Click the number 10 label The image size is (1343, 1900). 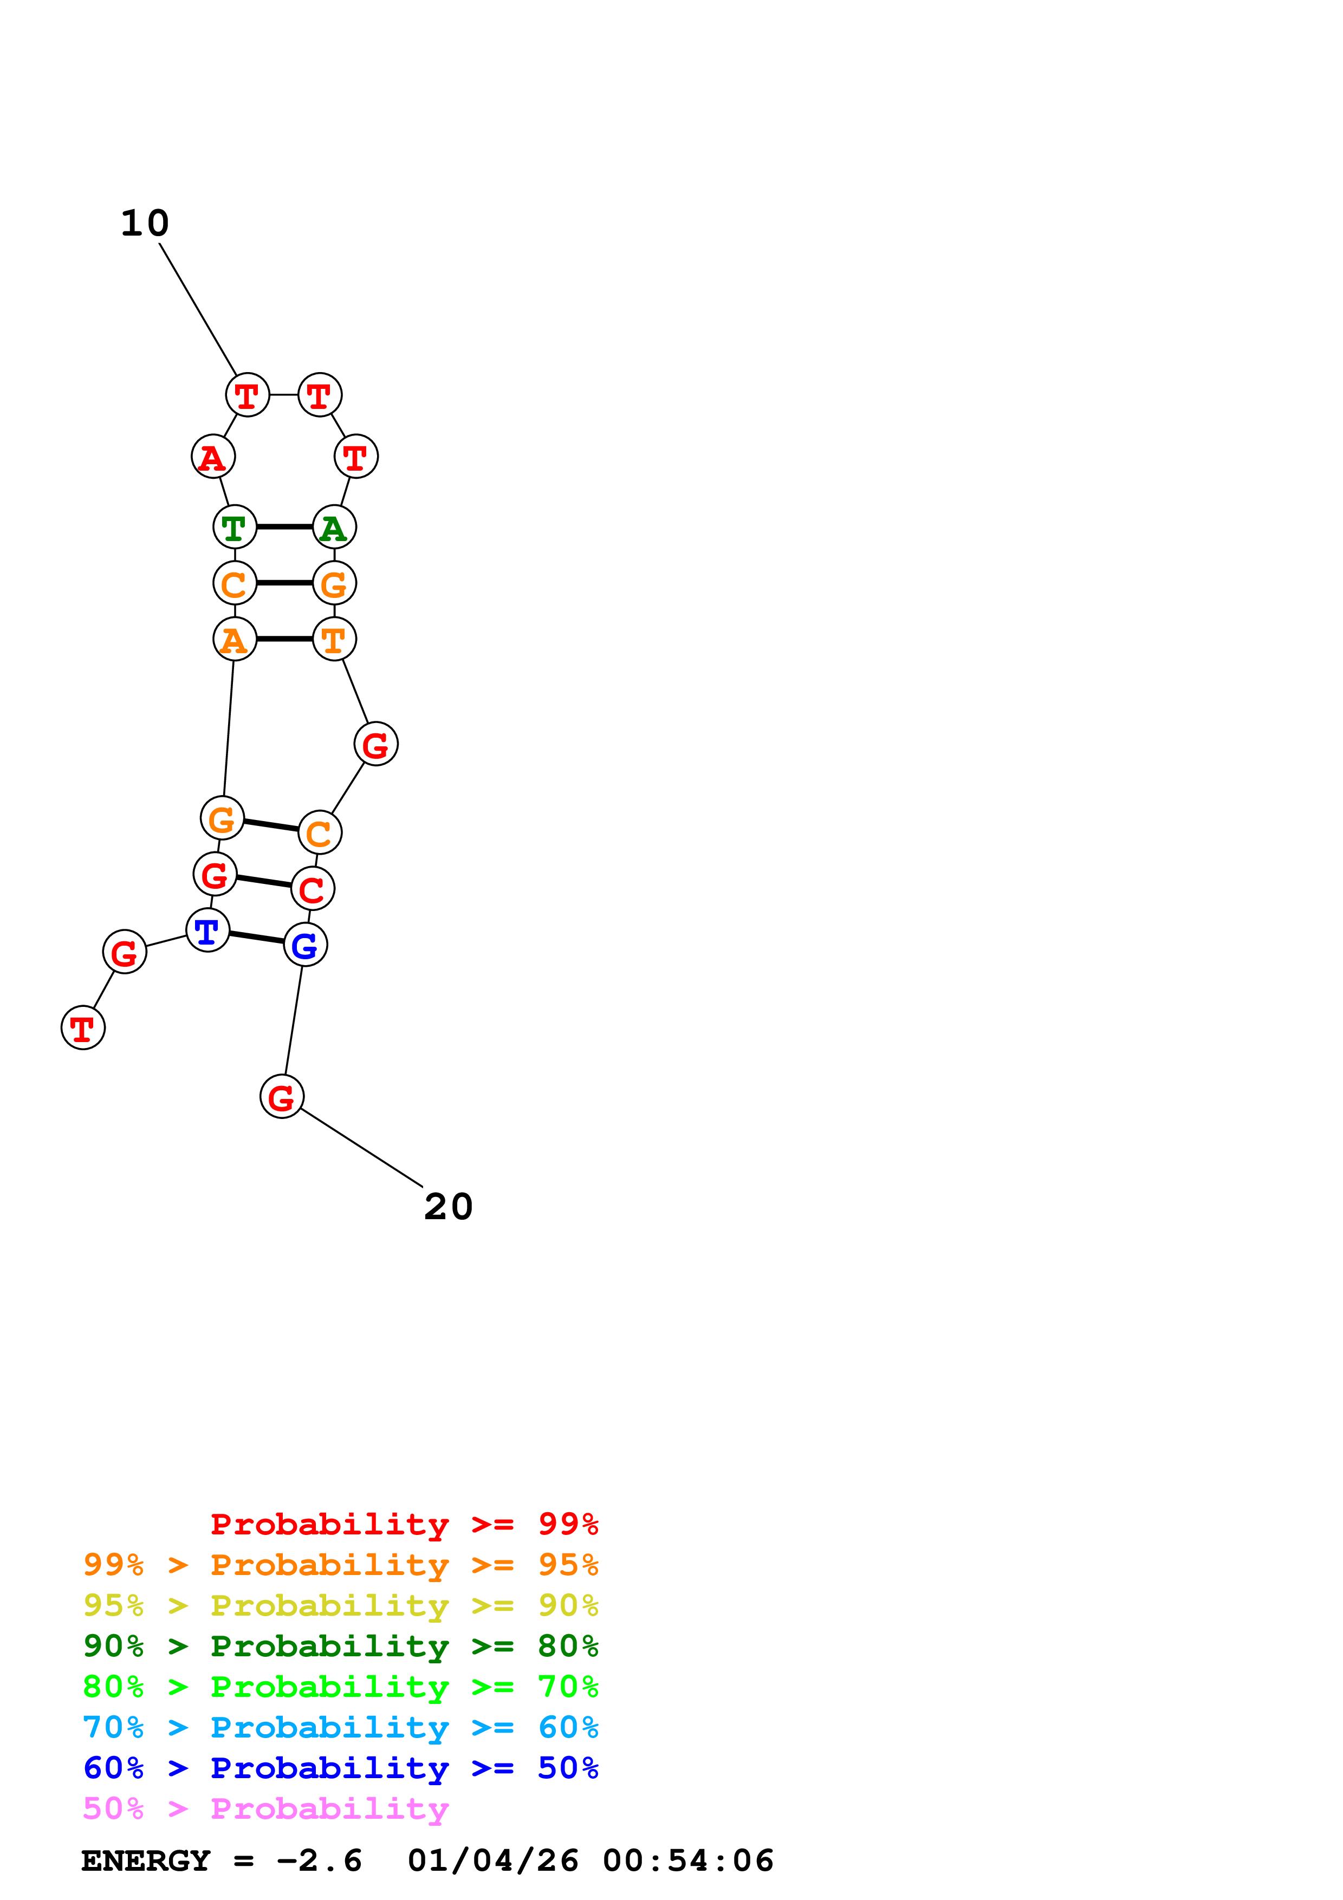click(145, 224)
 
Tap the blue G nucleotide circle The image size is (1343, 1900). click(306, 945)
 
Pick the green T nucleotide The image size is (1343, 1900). click(235, 527)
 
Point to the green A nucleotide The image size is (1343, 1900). click(334, 527)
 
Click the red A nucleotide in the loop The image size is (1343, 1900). click(213, 457)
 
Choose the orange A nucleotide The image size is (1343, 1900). click(235, 639)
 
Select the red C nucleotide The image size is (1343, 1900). click(313, 889)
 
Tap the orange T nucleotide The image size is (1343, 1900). click(334, 639)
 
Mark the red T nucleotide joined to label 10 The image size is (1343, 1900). click(248, 395)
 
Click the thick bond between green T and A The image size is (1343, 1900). click(284, 527)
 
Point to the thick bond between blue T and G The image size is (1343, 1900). click(256, 938)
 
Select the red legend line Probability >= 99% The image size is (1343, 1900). click(404, 1524)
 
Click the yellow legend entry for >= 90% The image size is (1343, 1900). click(340, 1605)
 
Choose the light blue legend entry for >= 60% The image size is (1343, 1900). click(340, 1728)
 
